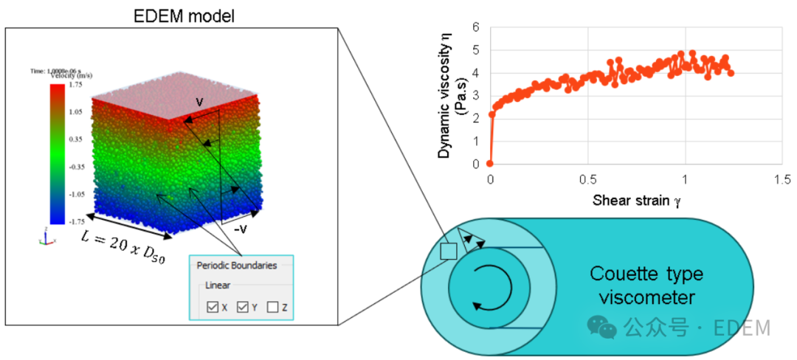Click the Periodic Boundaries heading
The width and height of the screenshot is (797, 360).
[x=236, y=266]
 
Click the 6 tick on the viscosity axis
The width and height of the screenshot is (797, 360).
[x=476, y=27]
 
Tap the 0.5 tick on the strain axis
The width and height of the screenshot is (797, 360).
[x=587, y=179]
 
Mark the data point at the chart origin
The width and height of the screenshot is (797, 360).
[x=489, y=164]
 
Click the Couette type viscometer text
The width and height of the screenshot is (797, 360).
[x=646, y=285]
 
